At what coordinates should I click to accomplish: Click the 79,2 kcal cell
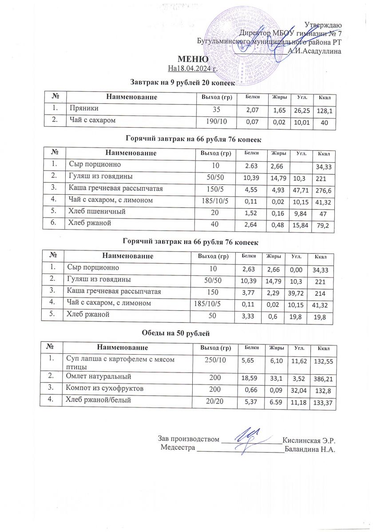click(324, 227)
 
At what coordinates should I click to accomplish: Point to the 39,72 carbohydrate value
click(298, 295)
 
